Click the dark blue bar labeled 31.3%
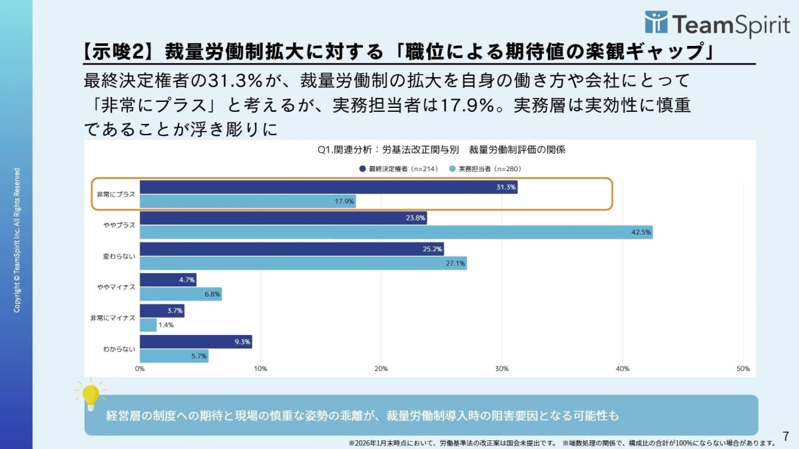(328, 187)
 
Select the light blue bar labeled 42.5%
(396, 232)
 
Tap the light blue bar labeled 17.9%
(248, 201)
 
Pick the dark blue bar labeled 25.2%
(292, 249)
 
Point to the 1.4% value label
(166, 325)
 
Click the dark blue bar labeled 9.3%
(196, 342)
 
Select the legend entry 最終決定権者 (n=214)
(396, 169)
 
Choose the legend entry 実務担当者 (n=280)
(485, 169)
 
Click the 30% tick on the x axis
(502, 368)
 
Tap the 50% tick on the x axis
(743, 368)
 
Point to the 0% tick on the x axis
(140, 368)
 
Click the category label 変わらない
(119, 256)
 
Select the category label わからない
(119, 348)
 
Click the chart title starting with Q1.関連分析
(441, 150)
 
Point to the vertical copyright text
(17, 240)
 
